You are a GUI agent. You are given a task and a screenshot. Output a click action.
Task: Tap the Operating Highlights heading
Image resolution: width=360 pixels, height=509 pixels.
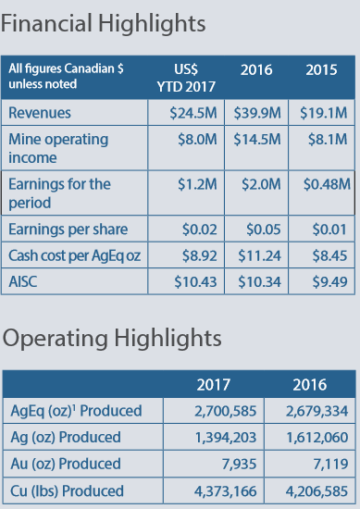click(112, 340)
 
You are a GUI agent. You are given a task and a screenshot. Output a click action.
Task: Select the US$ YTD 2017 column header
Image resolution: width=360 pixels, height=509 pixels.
click(186, 78)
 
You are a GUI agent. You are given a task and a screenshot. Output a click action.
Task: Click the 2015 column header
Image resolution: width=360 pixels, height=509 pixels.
click(321, 69)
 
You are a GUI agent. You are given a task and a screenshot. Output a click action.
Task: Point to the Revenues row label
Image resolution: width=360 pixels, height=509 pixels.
click(40, 113)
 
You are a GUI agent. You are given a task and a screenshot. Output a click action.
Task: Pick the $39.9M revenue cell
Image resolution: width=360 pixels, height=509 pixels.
click(257, 113)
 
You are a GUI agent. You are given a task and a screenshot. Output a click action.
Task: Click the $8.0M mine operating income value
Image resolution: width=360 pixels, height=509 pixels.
click(197, 139)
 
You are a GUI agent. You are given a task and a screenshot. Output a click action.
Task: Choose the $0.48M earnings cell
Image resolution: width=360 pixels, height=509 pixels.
click(327, 184)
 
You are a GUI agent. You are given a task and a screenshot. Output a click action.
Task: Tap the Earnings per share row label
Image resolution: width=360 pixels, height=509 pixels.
click(68, 230)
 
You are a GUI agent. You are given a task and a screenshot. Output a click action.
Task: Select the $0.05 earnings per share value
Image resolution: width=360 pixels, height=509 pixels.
click(263, 230)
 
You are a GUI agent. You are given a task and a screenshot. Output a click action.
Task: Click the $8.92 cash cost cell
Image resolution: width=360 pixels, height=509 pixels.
click(199, 255)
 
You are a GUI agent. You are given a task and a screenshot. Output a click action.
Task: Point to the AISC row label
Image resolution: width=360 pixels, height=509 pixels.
click(23, 281)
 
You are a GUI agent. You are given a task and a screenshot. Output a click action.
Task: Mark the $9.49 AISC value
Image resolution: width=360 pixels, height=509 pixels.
click(329, 281)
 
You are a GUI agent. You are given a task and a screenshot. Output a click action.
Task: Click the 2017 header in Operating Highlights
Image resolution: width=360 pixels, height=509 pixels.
click(213, 385)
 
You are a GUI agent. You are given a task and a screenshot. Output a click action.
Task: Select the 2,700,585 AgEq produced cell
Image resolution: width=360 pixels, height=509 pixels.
click(225, 411)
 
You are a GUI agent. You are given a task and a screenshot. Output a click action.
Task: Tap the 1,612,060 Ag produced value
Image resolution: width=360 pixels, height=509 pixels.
click(317, 438)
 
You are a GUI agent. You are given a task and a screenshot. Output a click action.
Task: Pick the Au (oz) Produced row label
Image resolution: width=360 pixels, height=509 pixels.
click(66, 464)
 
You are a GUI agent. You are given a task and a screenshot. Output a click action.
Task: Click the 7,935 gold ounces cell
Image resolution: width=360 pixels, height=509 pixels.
click(240, 464)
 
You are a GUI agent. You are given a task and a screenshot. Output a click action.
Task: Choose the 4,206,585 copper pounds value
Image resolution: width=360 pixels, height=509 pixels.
click(317, 491)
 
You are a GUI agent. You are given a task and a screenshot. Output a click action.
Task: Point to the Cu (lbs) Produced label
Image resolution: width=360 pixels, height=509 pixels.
click(67, 490)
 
